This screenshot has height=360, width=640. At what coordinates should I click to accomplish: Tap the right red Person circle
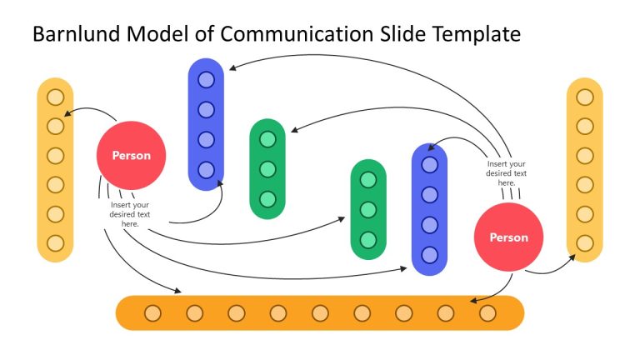508,237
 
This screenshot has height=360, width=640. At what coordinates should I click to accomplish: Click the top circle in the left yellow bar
56,97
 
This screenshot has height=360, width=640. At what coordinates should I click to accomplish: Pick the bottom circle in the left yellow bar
56,243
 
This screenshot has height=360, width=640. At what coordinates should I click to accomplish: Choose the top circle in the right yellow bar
585,97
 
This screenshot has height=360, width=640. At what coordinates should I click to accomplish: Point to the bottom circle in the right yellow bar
585,243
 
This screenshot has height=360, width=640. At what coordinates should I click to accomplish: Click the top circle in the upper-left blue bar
206,80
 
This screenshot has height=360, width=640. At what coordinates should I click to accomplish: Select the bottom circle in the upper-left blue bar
206,170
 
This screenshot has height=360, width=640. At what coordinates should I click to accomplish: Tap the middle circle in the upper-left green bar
267,169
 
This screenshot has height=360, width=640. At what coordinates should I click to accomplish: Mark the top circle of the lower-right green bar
367,179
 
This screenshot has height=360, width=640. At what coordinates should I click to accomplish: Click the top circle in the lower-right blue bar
429,165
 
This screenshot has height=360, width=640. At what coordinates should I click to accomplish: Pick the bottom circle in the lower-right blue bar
429,255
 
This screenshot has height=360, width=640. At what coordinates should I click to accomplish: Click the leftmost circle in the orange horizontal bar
152,313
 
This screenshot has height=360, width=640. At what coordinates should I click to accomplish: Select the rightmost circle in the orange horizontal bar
487,313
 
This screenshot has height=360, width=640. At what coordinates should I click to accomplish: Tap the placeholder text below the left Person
130,214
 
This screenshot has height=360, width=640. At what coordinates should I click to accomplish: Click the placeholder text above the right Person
507,173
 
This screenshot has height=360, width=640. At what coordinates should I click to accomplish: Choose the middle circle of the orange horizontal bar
320,313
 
